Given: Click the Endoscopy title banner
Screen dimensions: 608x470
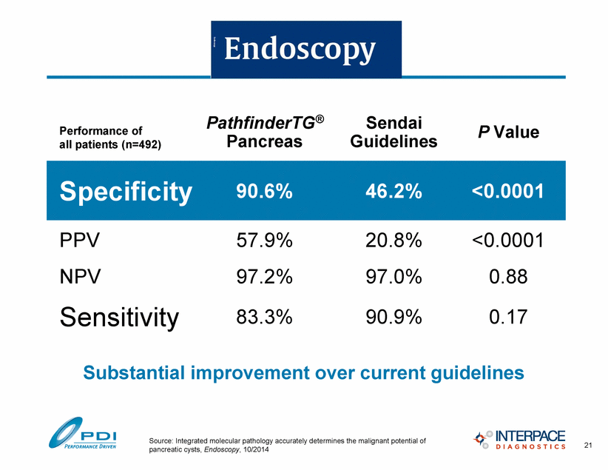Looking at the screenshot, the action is [x=306, y=50].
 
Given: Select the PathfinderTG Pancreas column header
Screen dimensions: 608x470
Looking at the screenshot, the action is [x=265, y=132].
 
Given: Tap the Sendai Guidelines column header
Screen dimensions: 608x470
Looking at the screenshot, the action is [x=393, y=132].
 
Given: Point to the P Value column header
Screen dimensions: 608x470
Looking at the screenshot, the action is [x=508, y=132].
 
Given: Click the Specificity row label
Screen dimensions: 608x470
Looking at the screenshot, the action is [x=126, y=192].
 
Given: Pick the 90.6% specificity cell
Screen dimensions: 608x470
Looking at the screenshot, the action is [x=265, y=192].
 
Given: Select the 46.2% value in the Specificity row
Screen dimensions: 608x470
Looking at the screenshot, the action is [x=393, y=192].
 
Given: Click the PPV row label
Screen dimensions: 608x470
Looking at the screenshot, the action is [x=79, y=241].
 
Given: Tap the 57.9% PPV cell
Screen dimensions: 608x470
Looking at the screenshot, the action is [x=265, y=241].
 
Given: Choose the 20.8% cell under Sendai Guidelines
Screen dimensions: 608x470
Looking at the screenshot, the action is [x=393, y=241].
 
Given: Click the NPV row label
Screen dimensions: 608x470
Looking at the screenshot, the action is [x=80, y=277].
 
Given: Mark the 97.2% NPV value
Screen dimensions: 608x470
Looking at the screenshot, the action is [x=265, y=277].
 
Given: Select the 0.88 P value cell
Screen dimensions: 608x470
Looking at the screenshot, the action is [x=508, y=277].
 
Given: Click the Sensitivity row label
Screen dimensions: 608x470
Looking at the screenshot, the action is [x=119, y=318].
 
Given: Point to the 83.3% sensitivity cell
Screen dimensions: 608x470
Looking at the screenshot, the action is [x=265, y=317].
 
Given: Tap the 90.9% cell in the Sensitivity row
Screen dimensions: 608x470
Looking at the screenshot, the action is [x=393, y=317].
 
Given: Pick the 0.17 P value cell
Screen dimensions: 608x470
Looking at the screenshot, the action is [x=508, y=317].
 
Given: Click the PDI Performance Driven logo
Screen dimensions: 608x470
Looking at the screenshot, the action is [x=83, y=433].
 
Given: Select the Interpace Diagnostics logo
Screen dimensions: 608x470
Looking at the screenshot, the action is [x=519, y=440].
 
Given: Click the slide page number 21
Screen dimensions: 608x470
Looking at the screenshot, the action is [x=588, y=445].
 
